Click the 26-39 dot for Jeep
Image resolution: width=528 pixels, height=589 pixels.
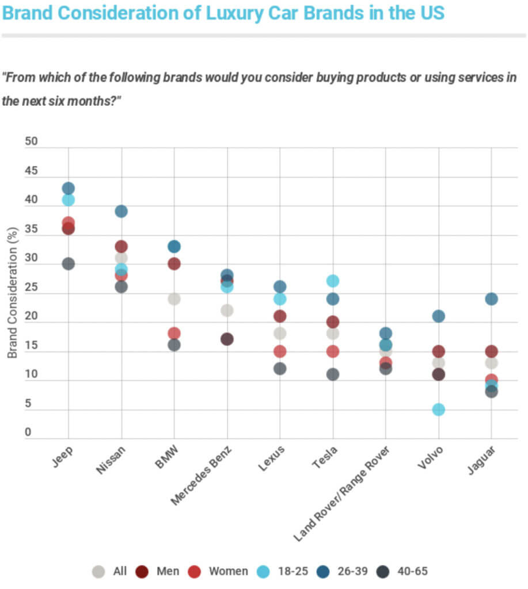69,188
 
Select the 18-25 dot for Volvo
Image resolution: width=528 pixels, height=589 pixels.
439,410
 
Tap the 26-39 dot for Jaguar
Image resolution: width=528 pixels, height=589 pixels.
491,299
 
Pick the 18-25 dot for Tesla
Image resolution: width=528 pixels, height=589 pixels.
333,281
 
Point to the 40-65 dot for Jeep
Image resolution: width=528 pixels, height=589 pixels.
69,264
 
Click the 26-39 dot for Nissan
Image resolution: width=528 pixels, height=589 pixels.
121,211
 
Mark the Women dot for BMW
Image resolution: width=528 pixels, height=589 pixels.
174,334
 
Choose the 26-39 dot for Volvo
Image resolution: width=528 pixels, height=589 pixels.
439,316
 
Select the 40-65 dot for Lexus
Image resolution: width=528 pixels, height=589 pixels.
280,369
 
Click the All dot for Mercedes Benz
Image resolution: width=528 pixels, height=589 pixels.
227,310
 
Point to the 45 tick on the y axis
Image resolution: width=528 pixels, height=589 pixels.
31,171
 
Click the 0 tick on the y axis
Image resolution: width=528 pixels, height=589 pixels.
28,433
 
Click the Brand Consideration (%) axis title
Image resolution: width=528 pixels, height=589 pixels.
12,292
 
